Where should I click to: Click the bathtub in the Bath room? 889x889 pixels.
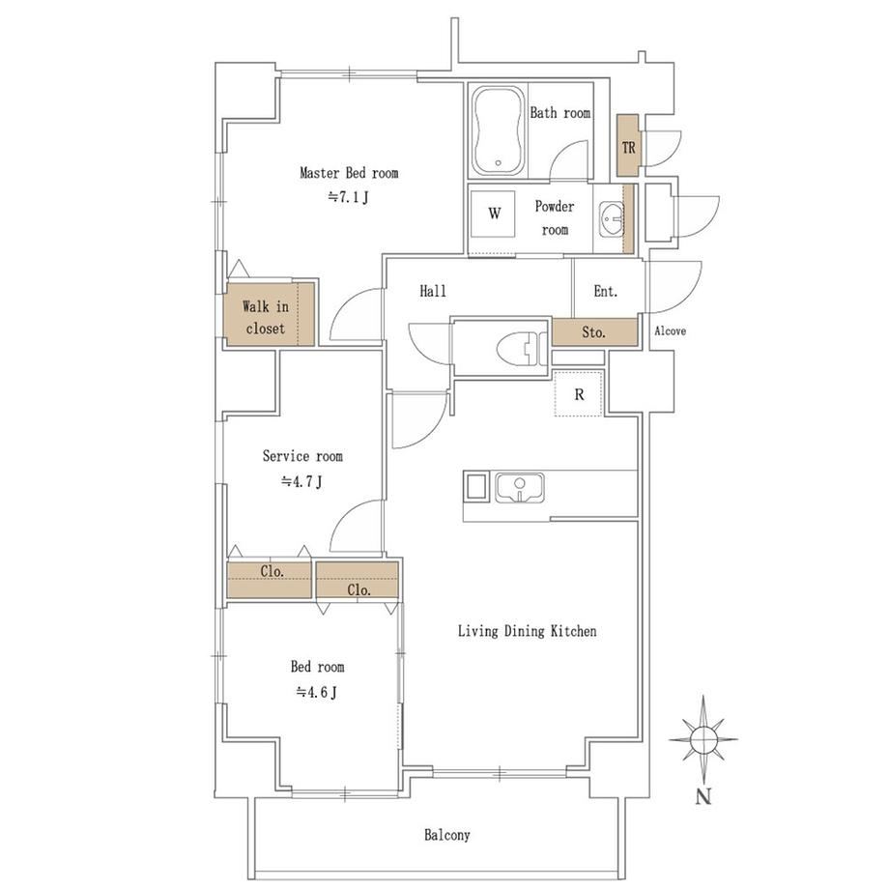pyautogui.click(x=498, y=131)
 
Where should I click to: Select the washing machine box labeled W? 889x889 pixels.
pyautogui.click(x=494, y=214)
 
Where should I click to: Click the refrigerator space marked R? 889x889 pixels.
pyautogui.click(x=578, y=394)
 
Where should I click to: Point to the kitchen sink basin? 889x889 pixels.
pyautogui.click(x=520, y=488)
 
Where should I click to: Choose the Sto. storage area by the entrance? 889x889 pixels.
pyautogui.click(x=594, y=332)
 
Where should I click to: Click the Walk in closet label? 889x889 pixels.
pyautogui.click(x=266, y=318)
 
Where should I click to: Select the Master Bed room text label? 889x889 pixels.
pyautogui.click(x=349, y=172)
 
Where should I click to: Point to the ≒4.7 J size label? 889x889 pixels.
pyautogui.click(x=302, y=482)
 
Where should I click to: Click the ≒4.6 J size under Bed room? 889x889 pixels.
pyautogui.click(x=317, y=692)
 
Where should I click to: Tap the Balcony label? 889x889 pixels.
pyautogui.click(x=447, y=835)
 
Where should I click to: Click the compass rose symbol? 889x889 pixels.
pyautogui.click(x=703, y=739)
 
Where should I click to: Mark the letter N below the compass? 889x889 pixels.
pyautogui.click(x=703, y=796)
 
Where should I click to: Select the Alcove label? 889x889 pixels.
pyautogui.click(x=671, y=330)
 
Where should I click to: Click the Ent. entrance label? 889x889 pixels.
pyautogui.click(x=605, y=292)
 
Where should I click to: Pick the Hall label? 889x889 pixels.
pyautogui.click(x=433, y=292)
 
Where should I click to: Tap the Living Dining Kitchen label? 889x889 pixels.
pyautogui.click(x=528, y=631)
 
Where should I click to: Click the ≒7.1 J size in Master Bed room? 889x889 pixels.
pyautogui.click(x=349, y=198)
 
